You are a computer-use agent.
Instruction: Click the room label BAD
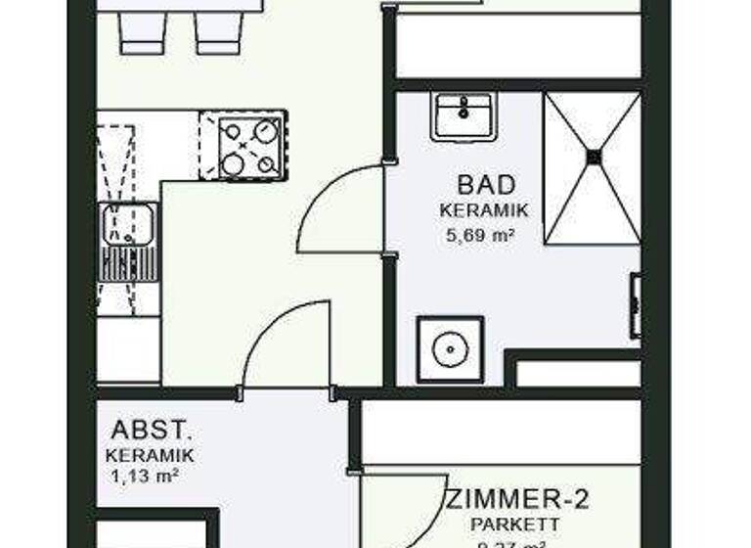(485, 184)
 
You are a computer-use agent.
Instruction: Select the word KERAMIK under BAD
(484, 210)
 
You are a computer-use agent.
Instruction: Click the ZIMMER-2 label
(518, 501)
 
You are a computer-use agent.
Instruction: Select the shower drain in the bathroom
(593, 155)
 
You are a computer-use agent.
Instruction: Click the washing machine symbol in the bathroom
(450, 348)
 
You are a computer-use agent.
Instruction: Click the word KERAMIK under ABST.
(151, 455)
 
